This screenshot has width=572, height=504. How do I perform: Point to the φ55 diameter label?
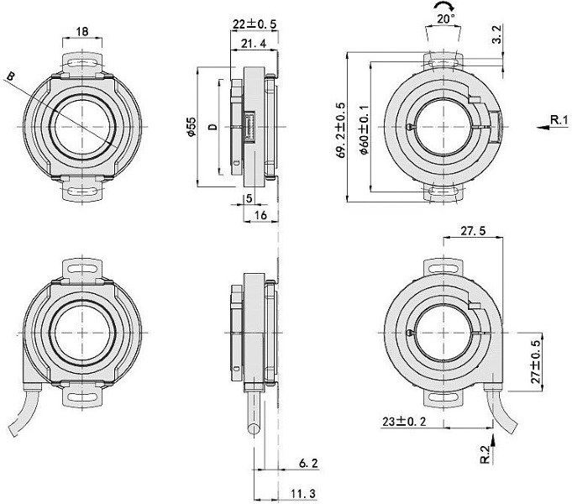(x=192, y=128)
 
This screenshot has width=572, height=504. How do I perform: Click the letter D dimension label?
(x=213, y=127)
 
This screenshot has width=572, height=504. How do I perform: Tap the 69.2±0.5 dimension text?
(x=340, y=128)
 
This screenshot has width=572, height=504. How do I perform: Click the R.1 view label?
(x=559, y=122)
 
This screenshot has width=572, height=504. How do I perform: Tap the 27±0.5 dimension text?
(x=538, y=362)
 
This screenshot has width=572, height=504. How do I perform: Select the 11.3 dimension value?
(x=307, y=493)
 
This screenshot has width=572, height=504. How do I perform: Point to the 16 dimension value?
(x=261, y=216)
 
